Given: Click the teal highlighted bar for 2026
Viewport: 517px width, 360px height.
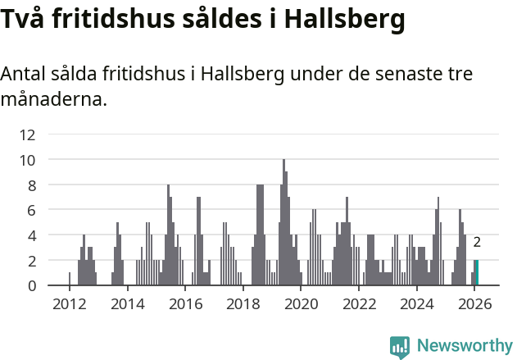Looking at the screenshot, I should (477, 272).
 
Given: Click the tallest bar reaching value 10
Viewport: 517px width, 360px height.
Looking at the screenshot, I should (283, 223).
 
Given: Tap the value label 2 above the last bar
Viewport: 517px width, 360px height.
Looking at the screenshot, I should (477, 242).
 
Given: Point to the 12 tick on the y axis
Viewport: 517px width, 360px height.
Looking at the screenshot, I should (27, 134).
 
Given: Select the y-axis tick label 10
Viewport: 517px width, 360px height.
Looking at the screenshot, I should (27, 160).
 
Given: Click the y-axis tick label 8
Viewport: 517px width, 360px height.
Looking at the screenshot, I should (31, 185).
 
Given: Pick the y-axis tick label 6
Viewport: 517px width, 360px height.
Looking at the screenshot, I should (31, 210).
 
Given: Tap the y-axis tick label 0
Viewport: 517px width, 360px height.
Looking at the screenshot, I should (31, 285).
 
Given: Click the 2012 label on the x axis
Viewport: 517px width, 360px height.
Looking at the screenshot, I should (69, 305).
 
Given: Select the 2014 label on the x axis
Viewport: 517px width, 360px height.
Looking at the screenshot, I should (127, 305).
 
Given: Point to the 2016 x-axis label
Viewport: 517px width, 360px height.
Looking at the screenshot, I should (185, 305).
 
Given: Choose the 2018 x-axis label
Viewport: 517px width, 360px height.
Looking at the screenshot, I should (243, 305).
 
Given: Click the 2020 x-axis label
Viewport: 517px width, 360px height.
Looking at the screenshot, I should (301, 305).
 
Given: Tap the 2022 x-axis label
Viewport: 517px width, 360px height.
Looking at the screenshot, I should (359, 305).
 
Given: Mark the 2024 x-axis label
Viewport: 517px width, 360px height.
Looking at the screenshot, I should (417, 305).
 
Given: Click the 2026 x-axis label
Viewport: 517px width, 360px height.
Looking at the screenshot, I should (474, 305).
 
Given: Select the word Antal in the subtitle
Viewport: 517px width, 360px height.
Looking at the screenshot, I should (22, 74).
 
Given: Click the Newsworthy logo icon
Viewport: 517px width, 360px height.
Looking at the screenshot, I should (400, 346).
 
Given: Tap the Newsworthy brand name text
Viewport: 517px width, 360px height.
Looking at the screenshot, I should (465, 346).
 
